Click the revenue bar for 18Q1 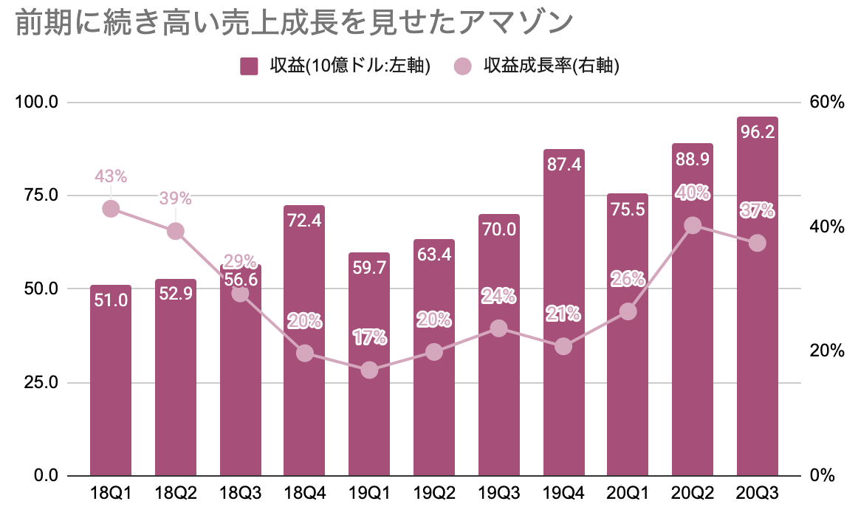[111, 380]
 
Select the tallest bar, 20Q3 [758, 296]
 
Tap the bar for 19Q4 [563, 312]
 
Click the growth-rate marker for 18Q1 [111, 208]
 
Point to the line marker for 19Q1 [369, 370]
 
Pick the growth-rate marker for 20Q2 [693, 225]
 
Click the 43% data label [111, 176]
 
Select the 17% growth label [369, 337]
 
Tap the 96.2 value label [758, 132]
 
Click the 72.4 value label [304, 221]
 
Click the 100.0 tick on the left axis [37, 102]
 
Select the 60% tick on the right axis [827, 103]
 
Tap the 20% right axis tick [827, 350]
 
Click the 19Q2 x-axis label [434, 494]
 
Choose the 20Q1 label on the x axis [628, 494]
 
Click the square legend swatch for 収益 [249, 66]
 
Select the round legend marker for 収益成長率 [462, 66]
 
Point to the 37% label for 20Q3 [758, 210]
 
